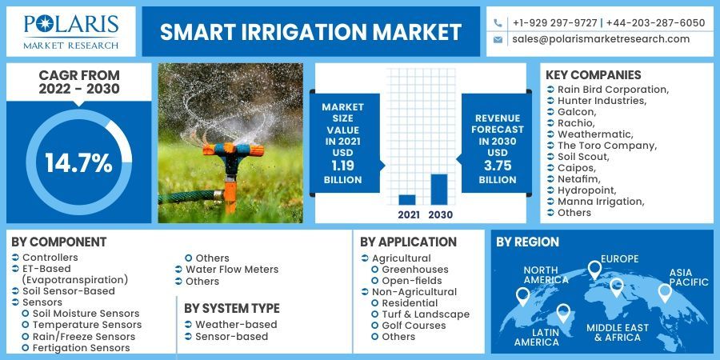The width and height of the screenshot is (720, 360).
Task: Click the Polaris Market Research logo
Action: coord(71,31)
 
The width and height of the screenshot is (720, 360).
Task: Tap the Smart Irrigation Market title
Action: coord(310,32)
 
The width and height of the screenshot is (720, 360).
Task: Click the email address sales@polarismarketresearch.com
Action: coord(601,38)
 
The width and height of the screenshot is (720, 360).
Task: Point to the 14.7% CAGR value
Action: coord(78,163)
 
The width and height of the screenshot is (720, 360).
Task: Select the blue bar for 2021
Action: coord(407,200)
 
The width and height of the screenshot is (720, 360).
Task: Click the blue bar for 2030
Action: coord(439,190)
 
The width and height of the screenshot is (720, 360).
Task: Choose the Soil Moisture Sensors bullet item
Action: coord(86,314)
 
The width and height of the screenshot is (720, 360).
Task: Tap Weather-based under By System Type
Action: coord(236,325)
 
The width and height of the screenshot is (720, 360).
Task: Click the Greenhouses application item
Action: coord(414,270)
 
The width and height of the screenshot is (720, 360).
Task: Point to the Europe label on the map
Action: coord(620,258)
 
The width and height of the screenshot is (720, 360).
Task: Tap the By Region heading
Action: coord(527,242)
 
